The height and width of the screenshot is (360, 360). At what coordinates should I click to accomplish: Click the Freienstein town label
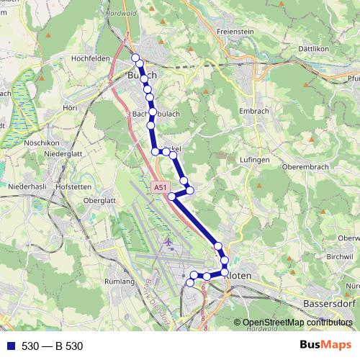237,32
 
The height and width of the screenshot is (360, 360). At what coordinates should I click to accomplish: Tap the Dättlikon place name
333,44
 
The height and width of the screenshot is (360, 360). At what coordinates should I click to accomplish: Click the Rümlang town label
121,282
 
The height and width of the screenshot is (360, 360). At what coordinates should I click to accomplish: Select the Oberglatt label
100,200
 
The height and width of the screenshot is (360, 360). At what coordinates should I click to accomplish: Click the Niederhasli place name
26,185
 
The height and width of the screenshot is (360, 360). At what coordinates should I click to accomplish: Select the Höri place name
70,107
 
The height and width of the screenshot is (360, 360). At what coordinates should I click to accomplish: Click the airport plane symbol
168,242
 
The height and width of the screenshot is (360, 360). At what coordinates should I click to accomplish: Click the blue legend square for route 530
11,346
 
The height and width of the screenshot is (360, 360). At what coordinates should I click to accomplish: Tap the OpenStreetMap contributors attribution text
292,323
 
